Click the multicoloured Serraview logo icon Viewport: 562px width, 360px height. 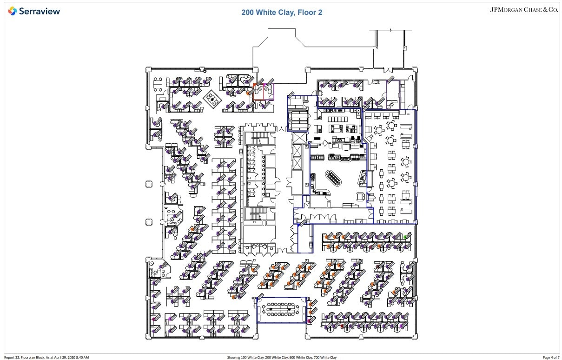point(13,11)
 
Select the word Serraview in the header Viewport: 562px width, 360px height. point(40,11)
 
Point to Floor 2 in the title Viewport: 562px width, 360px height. point(309,13)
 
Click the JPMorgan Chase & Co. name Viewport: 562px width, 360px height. point(524,9)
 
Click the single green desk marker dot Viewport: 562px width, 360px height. point(405,237)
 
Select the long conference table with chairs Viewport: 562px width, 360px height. point(282,308)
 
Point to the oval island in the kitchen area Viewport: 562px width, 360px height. point(333,176)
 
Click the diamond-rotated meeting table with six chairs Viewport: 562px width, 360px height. point(214,98)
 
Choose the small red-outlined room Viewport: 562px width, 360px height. point(259,92)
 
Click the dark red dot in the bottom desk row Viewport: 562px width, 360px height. point(342,327)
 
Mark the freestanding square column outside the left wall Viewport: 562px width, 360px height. point(149,184)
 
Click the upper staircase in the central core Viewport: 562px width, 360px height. point(257,138)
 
